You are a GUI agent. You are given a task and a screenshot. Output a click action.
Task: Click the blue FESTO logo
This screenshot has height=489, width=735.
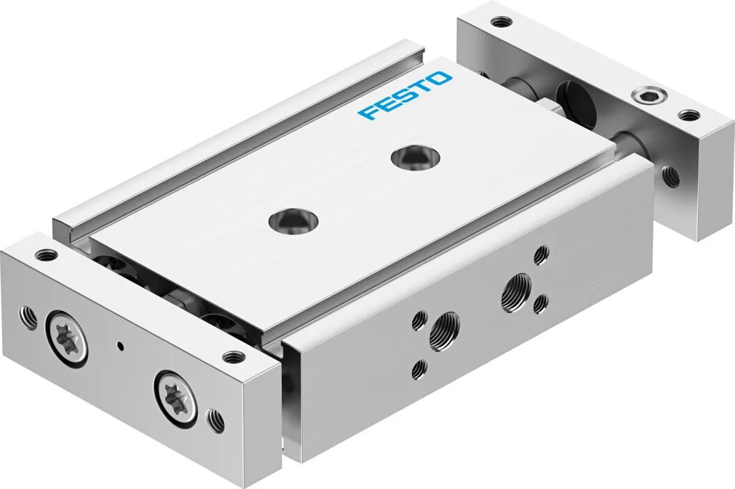click(x=404, y=95)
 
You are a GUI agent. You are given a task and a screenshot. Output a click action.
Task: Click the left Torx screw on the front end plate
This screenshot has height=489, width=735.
click(x=67, y=336)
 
